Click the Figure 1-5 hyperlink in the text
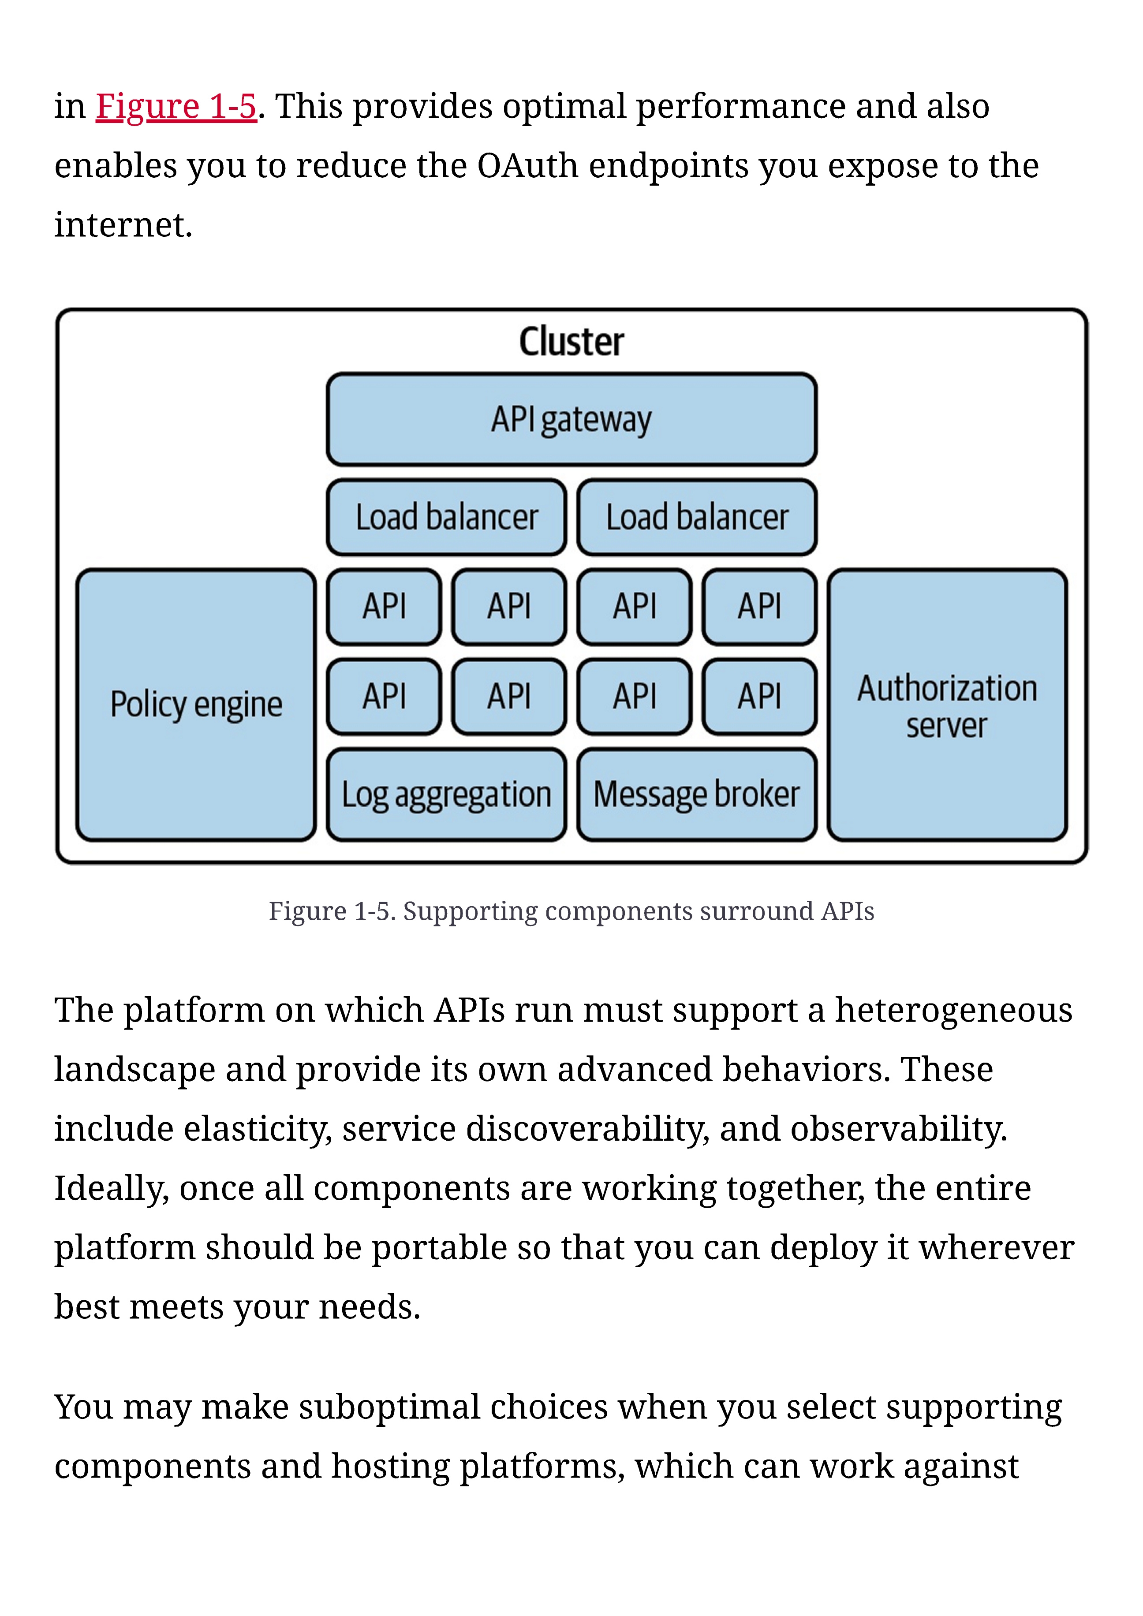click(x=176, y=107)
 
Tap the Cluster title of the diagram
click(x=571, y=342)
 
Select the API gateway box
click(x=571, y=419)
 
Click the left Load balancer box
click(x=447, y=517)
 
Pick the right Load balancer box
click(x=697, y=517)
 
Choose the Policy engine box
click(x=196, y=705)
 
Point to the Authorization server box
click(x=947, y=705)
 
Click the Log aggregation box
click(x=447, y=795)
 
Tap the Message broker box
click(x=697, y=795)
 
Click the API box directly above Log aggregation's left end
click(x=384, y=697)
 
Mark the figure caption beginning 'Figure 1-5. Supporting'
click(x=571, y=911)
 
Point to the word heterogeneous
click(x=954, y=1011)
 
